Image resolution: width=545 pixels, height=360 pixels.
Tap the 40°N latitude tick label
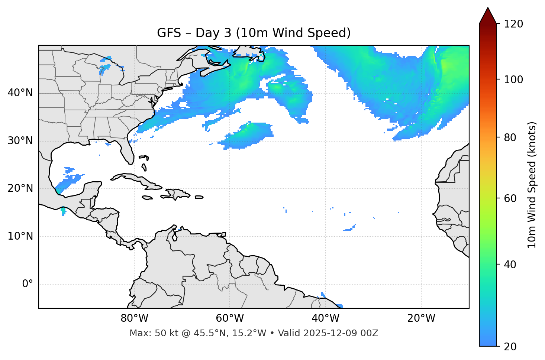point(20,93)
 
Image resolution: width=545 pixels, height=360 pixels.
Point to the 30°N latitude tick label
point(20,141)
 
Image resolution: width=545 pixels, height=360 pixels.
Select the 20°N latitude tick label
point(20,188)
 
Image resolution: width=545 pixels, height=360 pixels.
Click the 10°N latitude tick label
point(20,236)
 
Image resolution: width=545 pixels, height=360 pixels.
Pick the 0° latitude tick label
point(28,284)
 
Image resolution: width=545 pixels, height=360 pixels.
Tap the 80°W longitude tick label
point(134,318)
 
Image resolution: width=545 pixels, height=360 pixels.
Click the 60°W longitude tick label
point(230,318)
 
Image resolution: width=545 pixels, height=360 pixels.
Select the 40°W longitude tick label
point(325,318)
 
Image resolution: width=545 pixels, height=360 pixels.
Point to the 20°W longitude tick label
point(421,318)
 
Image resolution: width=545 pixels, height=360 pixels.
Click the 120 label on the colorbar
point(513,24)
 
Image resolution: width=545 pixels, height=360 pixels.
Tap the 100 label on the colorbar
point(513,80)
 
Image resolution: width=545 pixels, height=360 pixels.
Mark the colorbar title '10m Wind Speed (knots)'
point(532,185)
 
